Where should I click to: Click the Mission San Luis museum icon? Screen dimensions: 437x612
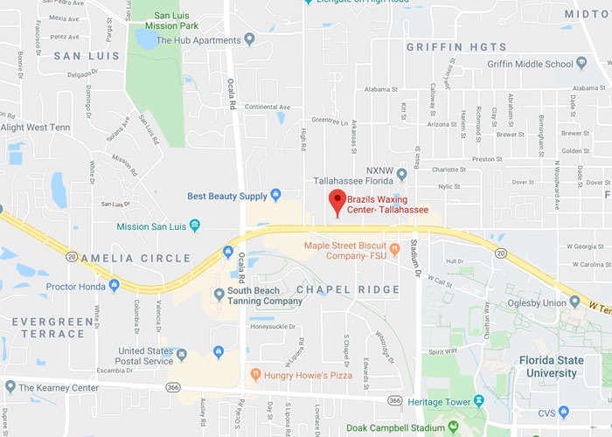coord(195,225)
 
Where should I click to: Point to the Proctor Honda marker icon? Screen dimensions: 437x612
coord(114,285)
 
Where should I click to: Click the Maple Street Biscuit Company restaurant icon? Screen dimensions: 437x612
coord(395,248)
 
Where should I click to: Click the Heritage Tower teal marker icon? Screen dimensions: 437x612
coord(478,400)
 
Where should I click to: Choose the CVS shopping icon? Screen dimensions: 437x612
coord(565,411)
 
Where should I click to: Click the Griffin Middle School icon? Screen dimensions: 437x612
coord(581,63)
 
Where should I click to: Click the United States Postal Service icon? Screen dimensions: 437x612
coord(182,355)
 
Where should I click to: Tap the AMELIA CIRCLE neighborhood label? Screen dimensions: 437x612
coord(136,258)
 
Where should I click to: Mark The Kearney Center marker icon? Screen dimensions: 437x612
coord(9,385)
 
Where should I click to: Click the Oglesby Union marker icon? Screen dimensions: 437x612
coord(574,302)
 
